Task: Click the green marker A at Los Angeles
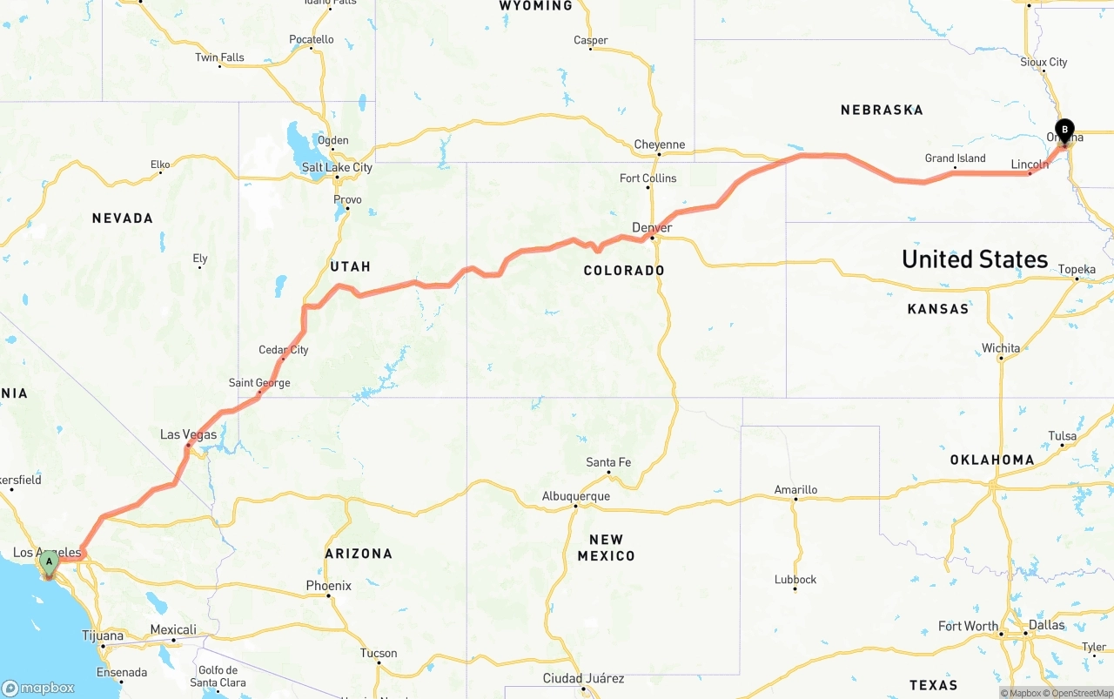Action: pyautogui.click(x=50, y=563)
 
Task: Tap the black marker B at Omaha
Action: pyautogui.click(x=1064, y=131)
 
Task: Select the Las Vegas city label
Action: pyautogui.click(x=188, y=434)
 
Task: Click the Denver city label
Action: pyautogui.click(x=652, y=228)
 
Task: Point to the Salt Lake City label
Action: pyautogui.click(x=337, y=167)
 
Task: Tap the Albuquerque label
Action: pyautogui.click(x=575, y=496)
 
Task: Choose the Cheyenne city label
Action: pyautogui.click(x=659, y=145)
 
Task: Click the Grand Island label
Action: pyautogui.click(x=955, y=158)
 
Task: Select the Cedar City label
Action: pyautogui.click(x=284, y=350)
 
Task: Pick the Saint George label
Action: pyautogui.click(x=259, y=383)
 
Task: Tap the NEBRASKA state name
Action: pyautogui.click(x=882, y=110)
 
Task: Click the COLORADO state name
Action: pyautogui.click(x=624, y=271)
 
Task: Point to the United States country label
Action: pyautogui.click(x=975, y=259)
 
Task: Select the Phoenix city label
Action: pyautogui.click(x=328, y=586)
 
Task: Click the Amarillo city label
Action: pyautogui.click(x=795, y=490)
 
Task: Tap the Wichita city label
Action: pyautogui.click(x=1001, y=348)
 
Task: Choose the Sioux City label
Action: pyautogui.click(x=1044, y=63)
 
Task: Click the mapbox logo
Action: pyautogui.click(x=38, y=688)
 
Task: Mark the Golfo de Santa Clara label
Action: pyautogui.click(x=218, y=676)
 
